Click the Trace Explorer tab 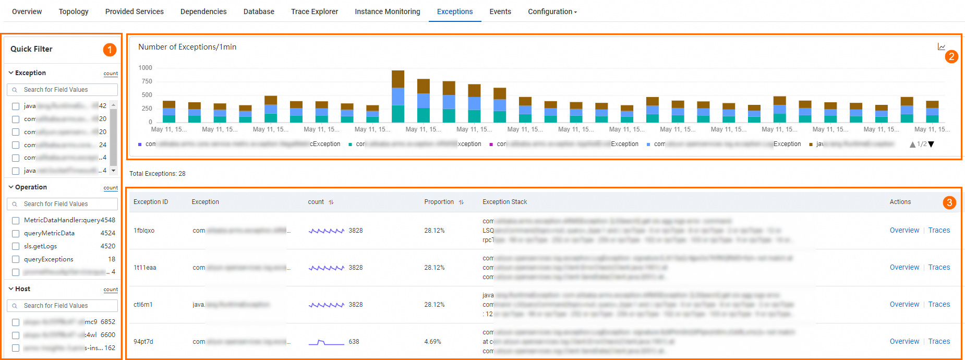coord(314,11)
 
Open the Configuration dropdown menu coord(552,11)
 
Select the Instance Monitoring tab coord(387,11)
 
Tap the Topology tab coord(74,11)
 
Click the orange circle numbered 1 coord(110,50)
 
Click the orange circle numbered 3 coord(949,202)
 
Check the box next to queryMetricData coord(16,234)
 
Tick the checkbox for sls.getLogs coord(16,247)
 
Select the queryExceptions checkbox coord(16,260)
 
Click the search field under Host coord(63,306)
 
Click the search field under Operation coord(63,204)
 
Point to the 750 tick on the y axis coord(147,81)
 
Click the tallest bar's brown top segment coord(398,79)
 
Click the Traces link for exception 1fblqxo coord(939,230)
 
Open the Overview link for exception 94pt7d coord(904,341)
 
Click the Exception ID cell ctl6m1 coord(143,304)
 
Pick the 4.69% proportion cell coord(432,342)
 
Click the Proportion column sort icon coord(461,202)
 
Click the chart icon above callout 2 coord(941,47)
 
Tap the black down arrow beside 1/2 coord(931,145)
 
